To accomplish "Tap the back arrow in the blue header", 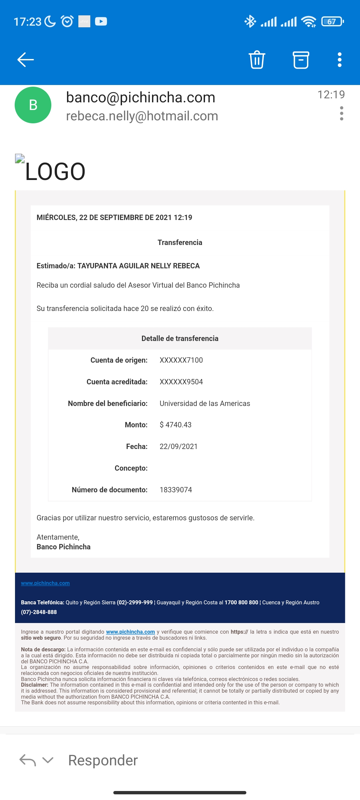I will tap(26, 60).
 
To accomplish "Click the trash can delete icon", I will tap(257, 60).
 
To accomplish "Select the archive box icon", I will tap(301, 60).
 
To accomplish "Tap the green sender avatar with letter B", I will tap(33, 105).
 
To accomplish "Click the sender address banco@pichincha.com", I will tap(141, 97).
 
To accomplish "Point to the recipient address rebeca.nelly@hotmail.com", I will tap(142, 116).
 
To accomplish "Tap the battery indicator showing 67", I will tap(332, 22).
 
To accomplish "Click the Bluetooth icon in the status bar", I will tap(250, 22).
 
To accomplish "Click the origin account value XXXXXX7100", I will tap(181, 360).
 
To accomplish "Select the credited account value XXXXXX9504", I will tap(181, 382).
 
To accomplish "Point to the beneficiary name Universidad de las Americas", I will tap(205, 403).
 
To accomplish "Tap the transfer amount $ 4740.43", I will tap(176, 425).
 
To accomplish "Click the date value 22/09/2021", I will tap(178, 446).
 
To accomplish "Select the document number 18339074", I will tap(176, 490).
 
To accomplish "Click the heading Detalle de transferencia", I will tap(180, 338).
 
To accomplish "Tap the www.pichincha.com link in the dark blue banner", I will tap(45, 583).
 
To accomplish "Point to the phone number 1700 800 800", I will tap(241, 602).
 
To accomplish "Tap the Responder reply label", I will tap(103, 760).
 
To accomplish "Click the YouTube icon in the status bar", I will tap(101, 22).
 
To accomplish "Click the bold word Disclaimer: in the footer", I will tap(35, 685).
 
